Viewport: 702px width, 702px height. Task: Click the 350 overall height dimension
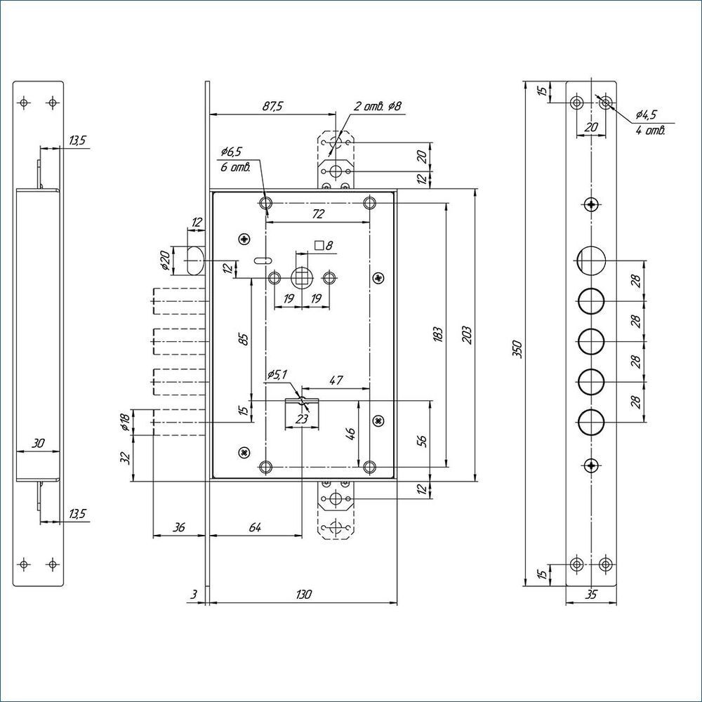tap(517, 349)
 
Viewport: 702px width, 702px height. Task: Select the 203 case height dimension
tap(467, 335)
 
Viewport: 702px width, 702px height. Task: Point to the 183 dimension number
tap(438, 335)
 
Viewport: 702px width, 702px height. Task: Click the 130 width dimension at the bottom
tap(303, 595)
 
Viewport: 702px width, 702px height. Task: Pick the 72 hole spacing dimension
tap(317, 214)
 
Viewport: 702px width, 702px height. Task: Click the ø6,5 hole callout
tap(231, 152)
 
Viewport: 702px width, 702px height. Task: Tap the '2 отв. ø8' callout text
tap(378, 106)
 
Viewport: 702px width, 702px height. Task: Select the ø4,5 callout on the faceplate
tap(646, 114)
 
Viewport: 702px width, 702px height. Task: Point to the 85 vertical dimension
tap(244, 339)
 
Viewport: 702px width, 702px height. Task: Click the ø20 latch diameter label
tap(165, 260)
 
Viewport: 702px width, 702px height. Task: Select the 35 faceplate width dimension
tap(591, 595)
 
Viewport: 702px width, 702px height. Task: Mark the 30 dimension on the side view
tap(38, 443)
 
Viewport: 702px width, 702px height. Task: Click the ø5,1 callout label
tap(277, 375)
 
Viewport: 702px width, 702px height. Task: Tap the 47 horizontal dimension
tap(336, 380)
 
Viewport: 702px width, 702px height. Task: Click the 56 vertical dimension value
tap(422, 441)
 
